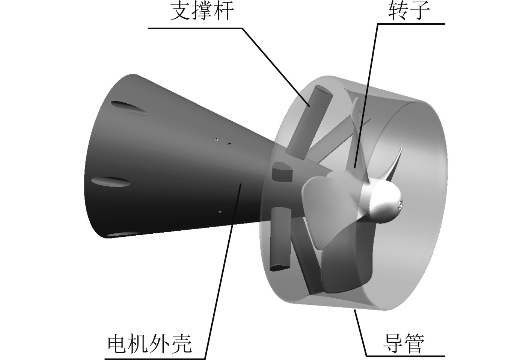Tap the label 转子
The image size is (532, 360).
click(409, 11)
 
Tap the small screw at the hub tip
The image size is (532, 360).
click(400, 204)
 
